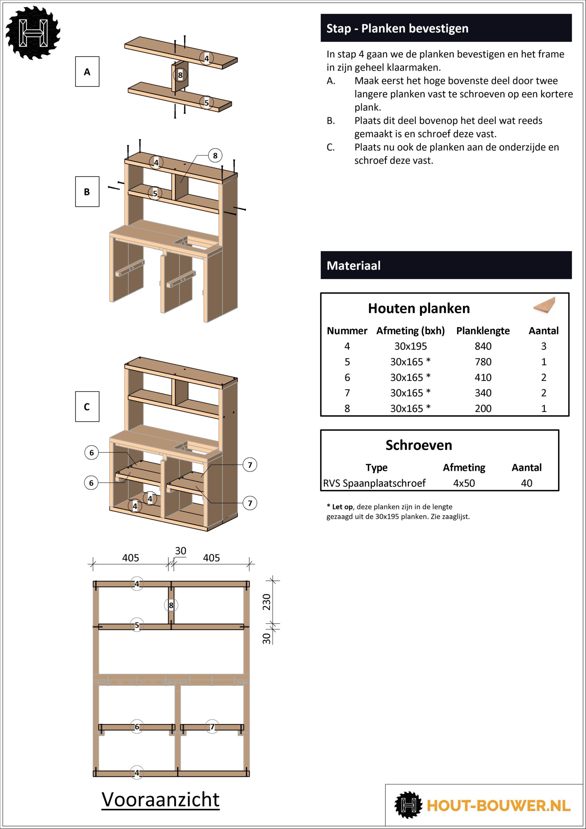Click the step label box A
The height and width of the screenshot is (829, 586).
(87, 72)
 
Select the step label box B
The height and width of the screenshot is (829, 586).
(87, 191)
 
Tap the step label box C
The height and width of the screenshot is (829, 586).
(87, 406)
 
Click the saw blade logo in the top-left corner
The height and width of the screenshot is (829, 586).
(33, 32)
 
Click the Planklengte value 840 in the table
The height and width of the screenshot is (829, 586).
(483, 346)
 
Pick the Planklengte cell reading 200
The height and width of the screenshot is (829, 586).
(483, 408)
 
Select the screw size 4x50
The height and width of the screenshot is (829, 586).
(464, 483)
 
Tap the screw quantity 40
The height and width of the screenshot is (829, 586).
(526, 483)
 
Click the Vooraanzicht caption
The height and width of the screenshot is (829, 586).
(160, 800)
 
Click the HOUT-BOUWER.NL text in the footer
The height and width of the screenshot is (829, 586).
(498, 806)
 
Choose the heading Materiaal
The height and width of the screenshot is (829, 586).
(354, 266)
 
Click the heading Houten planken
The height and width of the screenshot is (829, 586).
(419, 308)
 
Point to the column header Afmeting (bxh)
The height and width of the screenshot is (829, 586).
(411, 331)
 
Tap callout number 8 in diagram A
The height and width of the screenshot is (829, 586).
(180, 75)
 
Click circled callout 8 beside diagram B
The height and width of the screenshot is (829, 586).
(215, 156)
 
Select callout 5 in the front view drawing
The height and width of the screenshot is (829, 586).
(137, 625)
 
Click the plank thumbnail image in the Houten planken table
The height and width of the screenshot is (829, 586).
(544, 307)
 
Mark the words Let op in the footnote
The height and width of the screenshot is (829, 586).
(342, 507)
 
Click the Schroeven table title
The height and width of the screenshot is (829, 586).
(419, 445)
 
